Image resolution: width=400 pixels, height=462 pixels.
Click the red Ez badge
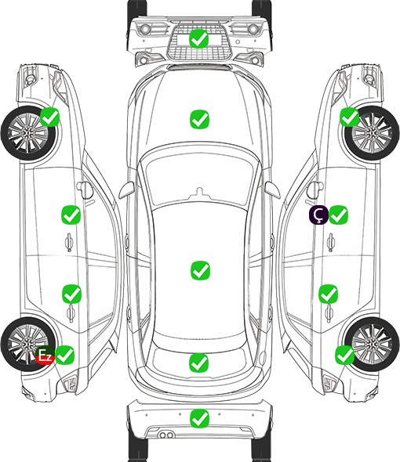click(45, 356)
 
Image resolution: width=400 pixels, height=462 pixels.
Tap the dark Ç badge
click(318, 215)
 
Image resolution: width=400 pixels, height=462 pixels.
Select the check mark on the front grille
click(199, 38)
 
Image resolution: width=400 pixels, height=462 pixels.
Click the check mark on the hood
click(200, 119)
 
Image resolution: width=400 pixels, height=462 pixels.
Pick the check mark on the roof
click(201, 270)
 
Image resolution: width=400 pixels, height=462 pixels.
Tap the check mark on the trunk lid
click(199, 363)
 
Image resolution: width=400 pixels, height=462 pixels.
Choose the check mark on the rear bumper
click(200, 418)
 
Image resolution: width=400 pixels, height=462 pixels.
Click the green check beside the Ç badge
click(338, 215)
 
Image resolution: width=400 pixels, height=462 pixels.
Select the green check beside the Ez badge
click(65, 355)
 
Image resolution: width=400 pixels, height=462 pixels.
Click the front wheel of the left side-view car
click(28, 133)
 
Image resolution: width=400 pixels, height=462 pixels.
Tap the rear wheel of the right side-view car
click(372, 344)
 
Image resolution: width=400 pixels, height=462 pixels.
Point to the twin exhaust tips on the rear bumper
click(166, 435)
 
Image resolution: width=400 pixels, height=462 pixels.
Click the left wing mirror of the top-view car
click(126, 189)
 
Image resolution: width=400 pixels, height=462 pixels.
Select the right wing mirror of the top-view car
click(272, 189)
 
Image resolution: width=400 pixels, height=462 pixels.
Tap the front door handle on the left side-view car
click(69, 242)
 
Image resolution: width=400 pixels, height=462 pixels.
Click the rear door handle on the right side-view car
click(329, 313)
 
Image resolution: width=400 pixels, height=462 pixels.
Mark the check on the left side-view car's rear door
click(71, 294)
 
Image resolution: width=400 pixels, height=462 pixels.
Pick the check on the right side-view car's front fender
click(350, 117)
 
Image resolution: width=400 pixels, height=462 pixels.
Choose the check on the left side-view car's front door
click(71, 215)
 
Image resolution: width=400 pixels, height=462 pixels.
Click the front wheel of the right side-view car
click(372, 133)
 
